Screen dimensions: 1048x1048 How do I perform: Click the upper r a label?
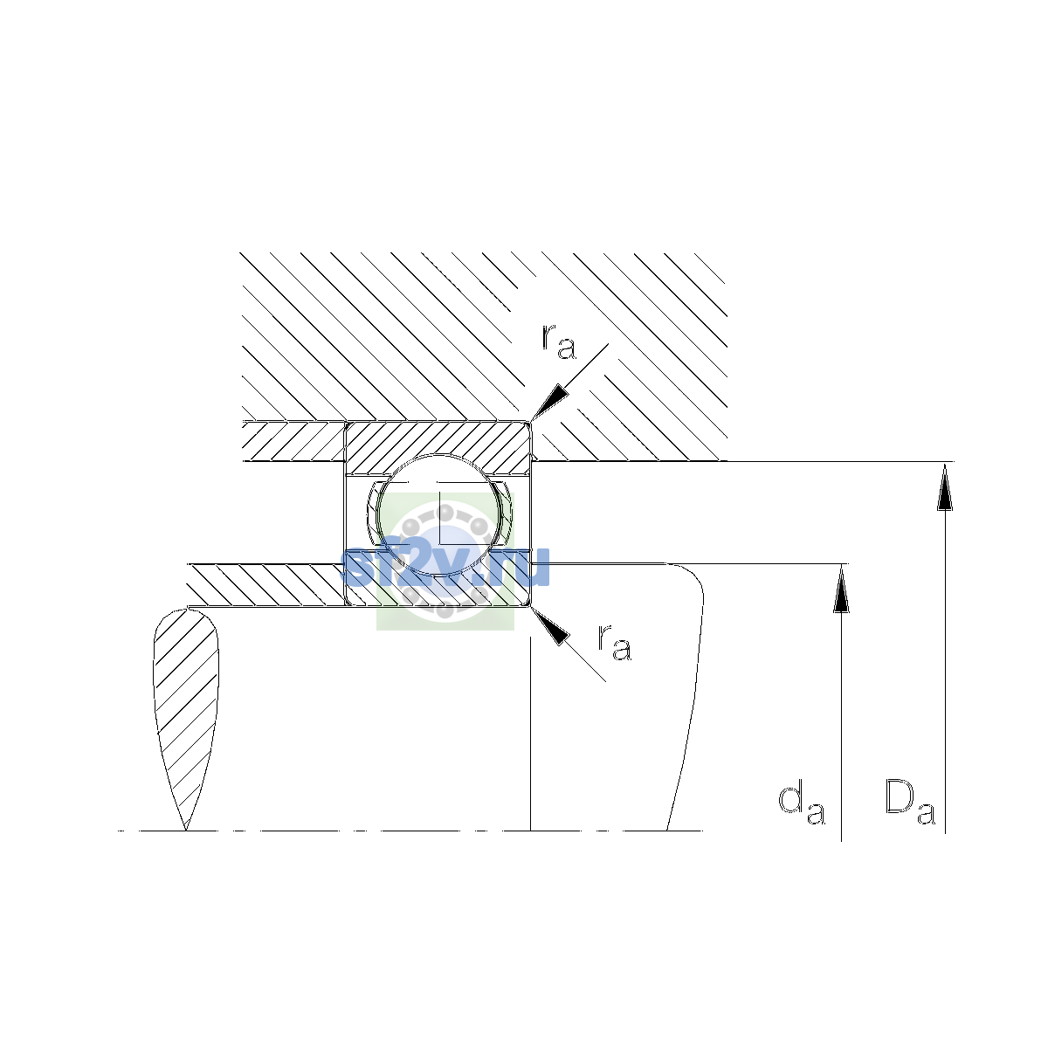point(558,342)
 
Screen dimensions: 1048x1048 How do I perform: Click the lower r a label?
point(615,644)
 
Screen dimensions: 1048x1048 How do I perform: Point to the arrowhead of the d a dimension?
point(841,589)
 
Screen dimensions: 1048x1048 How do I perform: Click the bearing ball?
point(439,514)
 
